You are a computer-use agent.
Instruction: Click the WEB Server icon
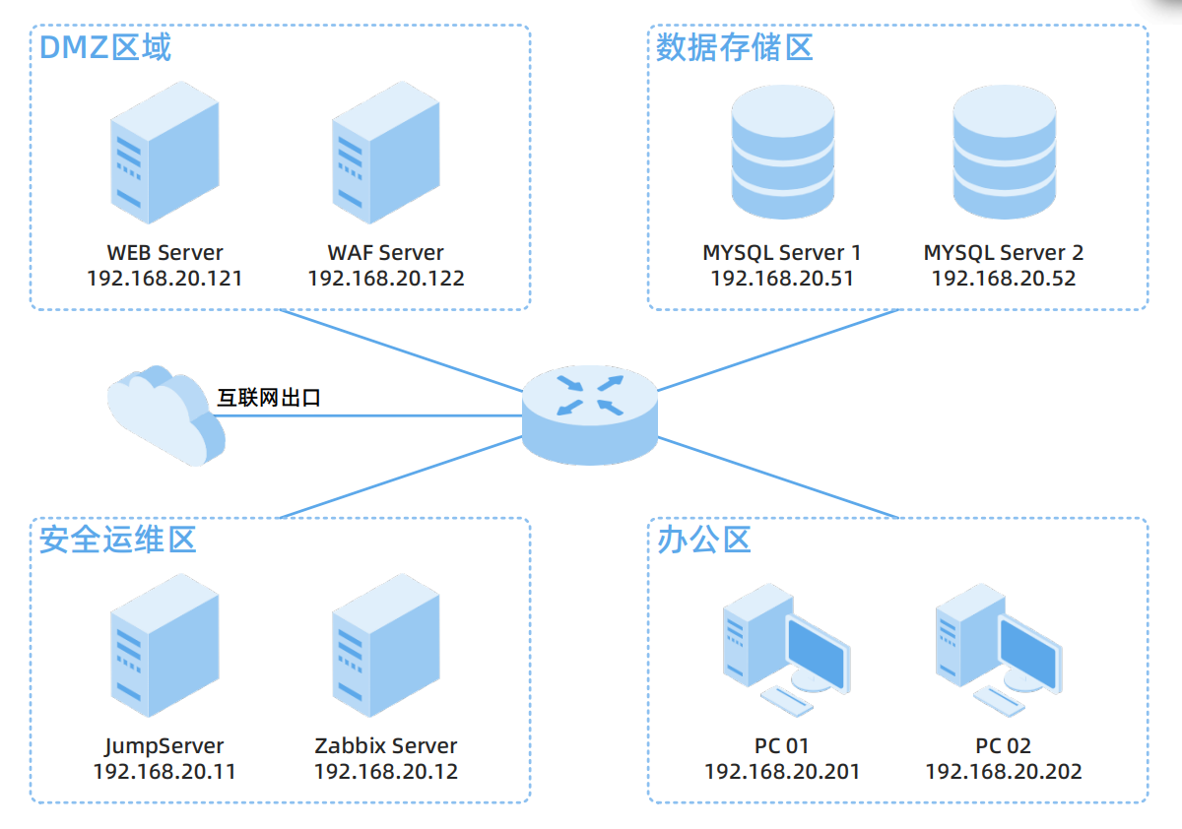pyautogui.click(x=164, y=153)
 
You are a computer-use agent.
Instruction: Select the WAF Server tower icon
pyautogui.click(x=385, y=153)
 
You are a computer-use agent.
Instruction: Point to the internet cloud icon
pyautogui.click(x=164, y=414)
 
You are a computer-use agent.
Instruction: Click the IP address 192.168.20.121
pyautogui.click(x=164, y=279)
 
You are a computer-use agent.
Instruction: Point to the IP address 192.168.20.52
pyautogui.click(x=1004, y=279)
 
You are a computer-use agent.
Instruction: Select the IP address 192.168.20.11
pyautogui.click(x=164, y=771)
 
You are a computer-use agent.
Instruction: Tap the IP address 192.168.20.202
pyautogui.click(x=1004, y=771)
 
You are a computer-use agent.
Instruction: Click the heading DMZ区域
pyautogui.click(x=105, y=47)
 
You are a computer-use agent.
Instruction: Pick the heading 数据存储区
pyautogui.click(x=735, y=47)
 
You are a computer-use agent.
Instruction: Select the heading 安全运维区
pyautogui.click(x=118, y=539)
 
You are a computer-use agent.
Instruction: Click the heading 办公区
pyautogui.click(x=704, y=539)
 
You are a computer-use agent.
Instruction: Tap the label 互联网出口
pyautogui.click(x=269, y=399)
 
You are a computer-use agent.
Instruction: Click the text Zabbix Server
pyautogui.click(x=386, y=746)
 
